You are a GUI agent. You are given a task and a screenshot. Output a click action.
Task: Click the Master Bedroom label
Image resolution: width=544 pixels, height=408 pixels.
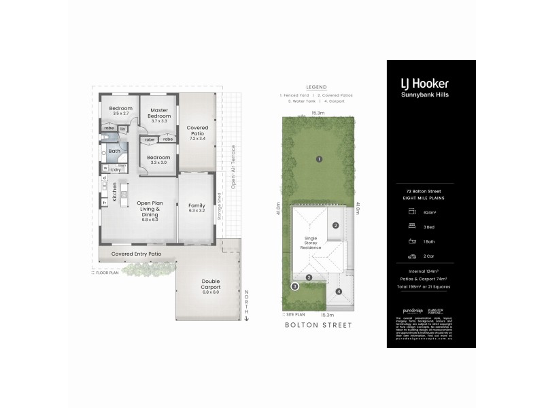[x=159, y=113]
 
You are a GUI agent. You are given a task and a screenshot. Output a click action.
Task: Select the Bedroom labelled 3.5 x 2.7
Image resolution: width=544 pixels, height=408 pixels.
[x=121, y=110]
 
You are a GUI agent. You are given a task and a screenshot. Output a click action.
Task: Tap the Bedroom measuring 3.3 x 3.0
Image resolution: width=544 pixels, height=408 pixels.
[x=159, y=160]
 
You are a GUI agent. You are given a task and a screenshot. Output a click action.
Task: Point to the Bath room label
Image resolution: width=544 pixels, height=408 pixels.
[x=114, y=151]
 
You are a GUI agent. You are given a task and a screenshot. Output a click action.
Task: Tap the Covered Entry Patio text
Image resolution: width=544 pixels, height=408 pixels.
[x=137, y=254]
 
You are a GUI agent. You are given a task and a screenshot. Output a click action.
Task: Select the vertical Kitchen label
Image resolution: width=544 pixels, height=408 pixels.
[x=114, y=192]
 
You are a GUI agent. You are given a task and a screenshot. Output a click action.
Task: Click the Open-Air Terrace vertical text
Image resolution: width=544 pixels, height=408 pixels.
[x=233, y=167]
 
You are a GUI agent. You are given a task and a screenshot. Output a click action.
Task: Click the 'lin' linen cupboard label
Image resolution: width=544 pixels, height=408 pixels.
[x=123, y=129]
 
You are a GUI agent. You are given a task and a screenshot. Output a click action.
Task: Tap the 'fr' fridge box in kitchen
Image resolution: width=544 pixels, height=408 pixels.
[x=104, y=203]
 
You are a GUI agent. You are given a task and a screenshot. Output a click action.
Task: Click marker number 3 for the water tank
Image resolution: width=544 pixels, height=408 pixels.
[x=294, y=286]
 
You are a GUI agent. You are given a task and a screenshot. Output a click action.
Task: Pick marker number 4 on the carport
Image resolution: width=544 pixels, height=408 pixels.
[x=338, y=292]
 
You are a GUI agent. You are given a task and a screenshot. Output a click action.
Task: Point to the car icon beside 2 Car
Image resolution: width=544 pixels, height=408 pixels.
[x=411, y=257]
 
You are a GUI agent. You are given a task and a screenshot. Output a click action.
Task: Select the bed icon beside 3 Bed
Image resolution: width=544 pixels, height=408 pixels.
[x=411, y=226]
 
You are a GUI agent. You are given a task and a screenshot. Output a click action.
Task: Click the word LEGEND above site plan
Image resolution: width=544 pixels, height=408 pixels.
[x=316, y=87]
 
